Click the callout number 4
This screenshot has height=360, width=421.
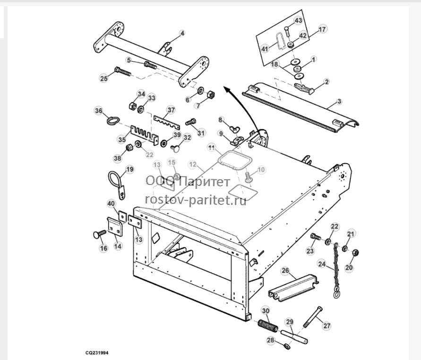[182, 33]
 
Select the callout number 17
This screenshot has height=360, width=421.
[322, 29]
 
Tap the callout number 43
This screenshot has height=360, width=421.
[298, 20]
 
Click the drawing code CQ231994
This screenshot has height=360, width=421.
[97, 353]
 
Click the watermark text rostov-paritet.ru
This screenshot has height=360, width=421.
[196, 200]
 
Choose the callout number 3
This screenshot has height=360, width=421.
[339, 101]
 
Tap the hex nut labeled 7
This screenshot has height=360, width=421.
[211, 95]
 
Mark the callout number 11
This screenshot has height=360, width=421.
[212, 147]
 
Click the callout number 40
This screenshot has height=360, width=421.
[111, 203]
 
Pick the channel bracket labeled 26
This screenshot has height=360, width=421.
[293, 289]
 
